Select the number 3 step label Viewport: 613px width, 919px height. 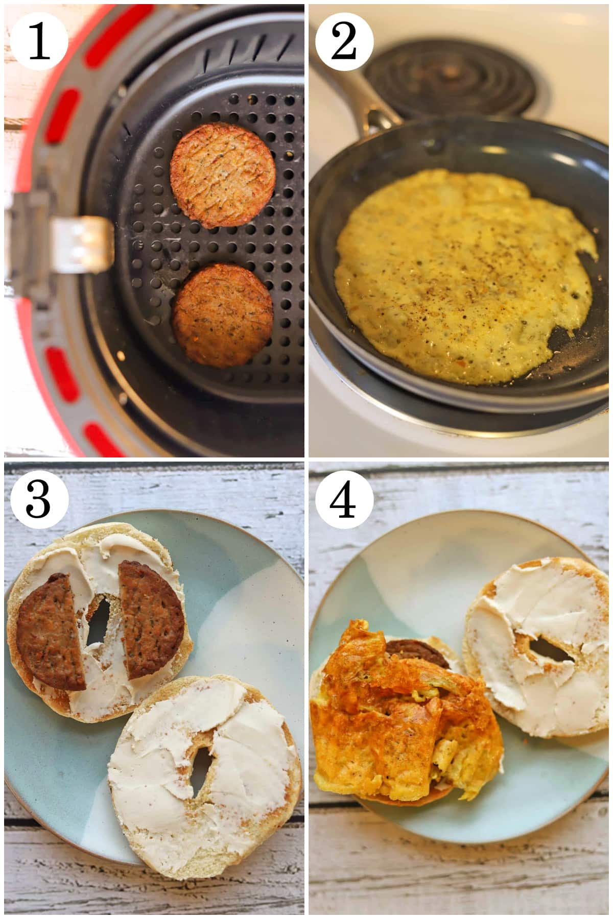coord(39,499)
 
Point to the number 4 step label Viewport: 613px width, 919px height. coord(344,499)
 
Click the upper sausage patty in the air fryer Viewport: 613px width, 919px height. coord(223,176)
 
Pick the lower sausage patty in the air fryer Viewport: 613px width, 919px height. coord(222,316)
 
